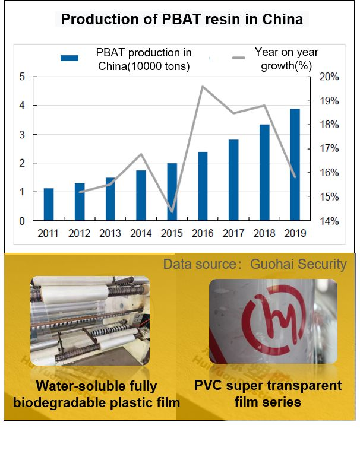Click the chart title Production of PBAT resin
click(182, 20)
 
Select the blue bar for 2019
click(295, 164)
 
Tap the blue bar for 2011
click(49, 204)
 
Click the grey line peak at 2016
click(203, 87)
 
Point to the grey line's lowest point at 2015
click(172, 211)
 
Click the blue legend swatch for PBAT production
click(70, 58)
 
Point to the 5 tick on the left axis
click(22, 77)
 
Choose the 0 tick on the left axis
click(22, 221)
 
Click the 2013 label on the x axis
click(110, 233)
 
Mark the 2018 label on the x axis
click(264, 233)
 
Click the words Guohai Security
click(298, 264)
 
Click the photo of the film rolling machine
click(90, 320)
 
